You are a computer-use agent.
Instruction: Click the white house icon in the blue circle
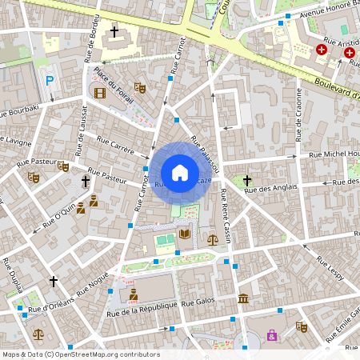pyautogui.click(x=180, y=172)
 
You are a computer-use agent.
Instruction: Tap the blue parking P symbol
pyautogui.click(x=50, y=81)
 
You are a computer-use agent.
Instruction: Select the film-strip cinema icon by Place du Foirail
pyautogui.click(x=99, y=93)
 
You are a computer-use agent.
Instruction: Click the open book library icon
pyautogui.click(x=186, y=234)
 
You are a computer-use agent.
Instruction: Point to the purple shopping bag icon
pyautogui.click(x=272, y=335)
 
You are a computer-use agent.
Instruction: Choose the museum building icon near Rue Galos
pyautogui.click(x=242, y=298)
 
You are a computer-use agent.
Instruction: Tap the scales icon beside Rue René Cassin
pyautogui.click(x=212, y=238)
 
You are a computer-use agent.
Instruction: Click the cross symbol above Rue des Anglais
pyautogui.click(x=247, y=181)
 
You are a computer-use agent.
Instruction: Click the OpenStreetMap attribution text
pyautogui.click(x=80, y=354)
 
